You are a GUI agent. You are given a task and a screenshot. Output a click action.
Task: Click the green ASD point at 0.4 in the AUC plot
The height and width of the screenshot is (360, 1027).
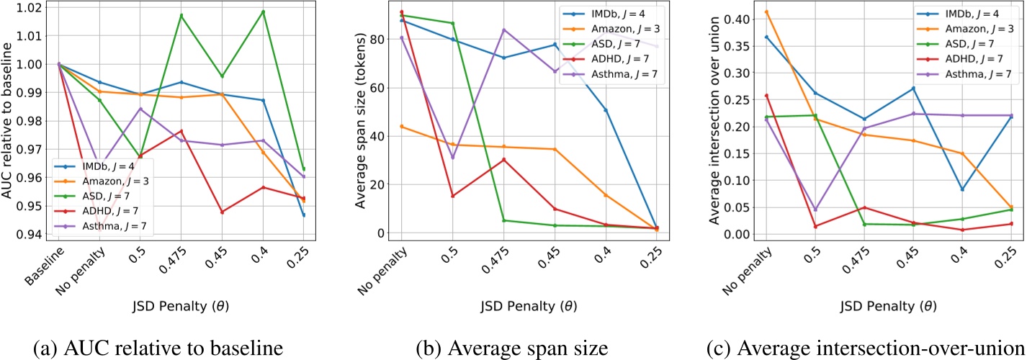263,12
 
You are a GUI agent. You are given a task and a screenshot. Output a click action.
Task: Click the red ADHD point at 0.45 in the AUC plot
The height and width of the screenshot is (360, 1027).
221,212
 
